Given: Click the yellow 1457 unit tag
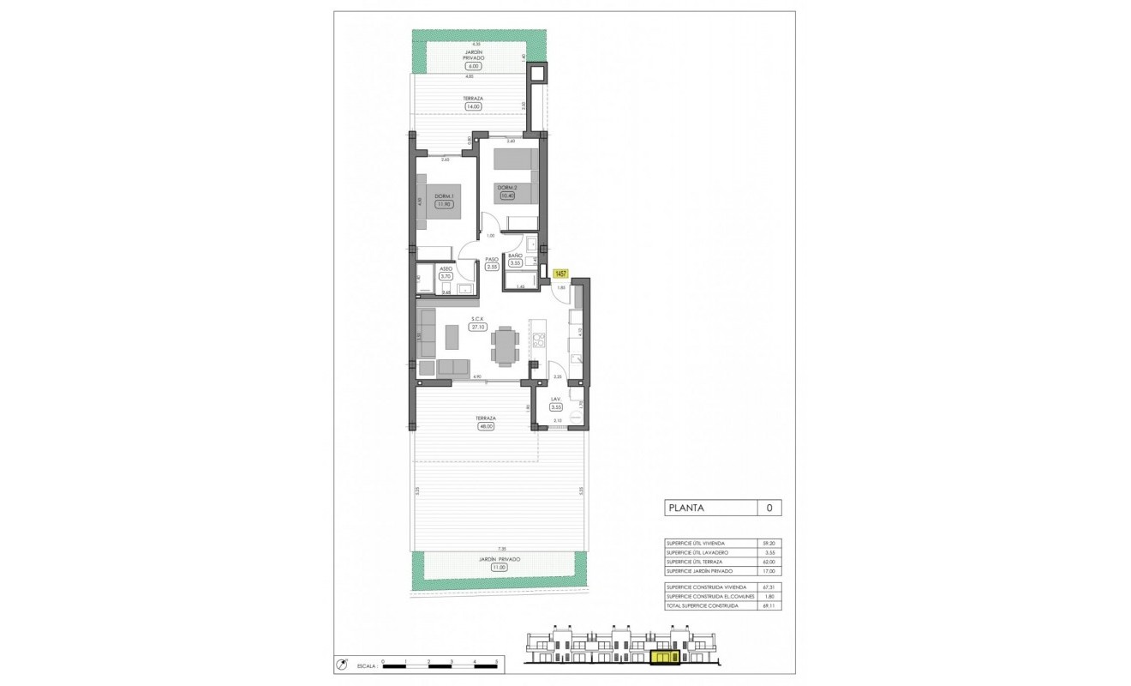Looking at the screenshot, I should [x=561, y=274].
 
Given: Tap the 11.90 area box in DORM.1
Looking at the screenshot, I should [x=443, y=204].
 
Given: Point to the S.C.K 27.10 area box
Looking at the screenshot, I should [x=477, y=327].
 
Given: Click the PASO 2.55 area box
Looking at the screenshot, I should [x=492, y=267].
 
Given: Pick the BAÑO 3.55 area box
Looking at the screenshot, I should [x=516, y=263].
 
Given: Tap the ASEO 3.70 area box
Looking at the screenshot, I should [x=445, y=276].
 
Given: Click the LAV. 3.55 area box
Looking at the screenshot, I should [x=555, y=406].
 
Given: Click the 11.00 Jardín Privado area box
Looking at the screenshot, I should [x=499, y=568].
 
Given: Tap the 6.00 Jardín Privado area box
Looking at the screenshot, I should [x=472, y=66].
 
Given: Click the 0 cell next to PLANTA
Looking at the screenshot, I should [x=769, y=508].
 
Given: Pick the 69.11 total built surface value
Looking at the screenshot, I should [x=769, y=605].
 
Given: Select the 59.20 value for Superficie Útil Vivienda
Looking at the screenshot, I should [x=769, y=543].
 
